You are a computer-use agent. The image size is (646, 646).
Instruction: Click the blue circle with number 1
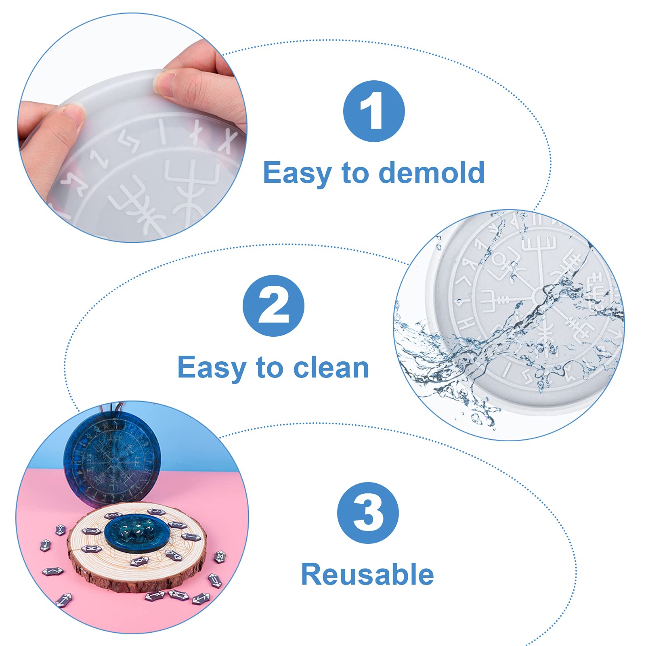click(x=374, y=111)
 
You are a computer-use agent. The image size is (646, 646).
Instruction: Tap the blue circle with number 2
click(x=273, y=306)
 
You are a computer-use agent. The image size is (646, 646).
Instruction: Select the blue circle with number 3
click(x=368, y=513)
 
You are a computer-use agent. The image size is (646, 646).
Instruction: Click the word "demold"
click(x=432, y=172)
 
